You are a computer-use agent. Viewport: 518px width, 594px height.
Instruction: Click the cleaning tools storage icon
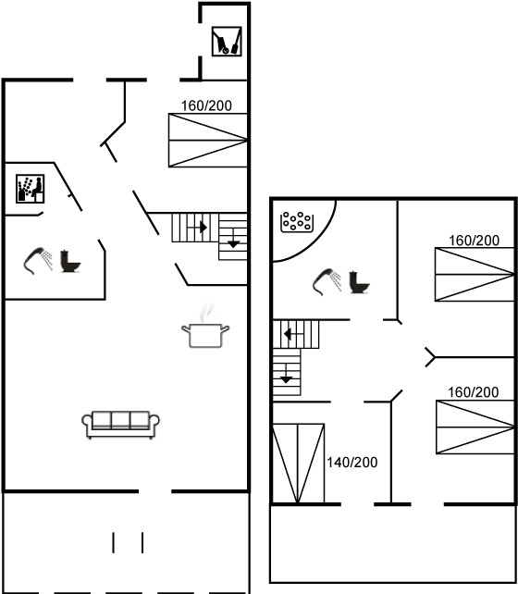point(227,42)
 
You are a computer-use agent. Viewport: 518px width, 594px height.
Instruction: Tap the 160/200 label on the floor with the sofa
point(206,105)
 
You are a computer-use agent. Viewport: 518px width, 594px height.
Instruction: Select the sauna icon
point(31,189)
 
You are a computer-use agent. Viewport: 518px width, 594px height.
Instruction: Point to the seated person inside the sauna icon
point(37,188)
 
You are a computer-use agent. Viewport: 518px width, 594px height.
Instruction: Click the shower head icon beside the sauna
point(38,260)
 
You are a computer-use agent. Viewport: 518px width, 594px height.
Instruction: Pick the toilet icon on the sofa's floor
point(70,261)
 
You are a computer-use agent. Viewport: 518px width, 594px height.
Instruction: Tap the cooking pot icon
point(205,335)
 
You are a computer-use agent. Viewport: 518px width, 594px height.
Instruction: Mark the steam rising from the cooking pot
point(206,312)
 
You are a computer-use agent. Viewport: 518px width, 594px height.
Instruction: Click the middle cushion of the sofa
point(121,420)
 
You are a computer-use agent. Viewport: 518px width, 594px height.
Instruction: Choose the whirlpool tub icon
point(297,222)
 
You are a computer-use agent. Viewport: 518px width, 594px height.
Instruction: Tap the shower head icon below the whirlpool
point(327,281)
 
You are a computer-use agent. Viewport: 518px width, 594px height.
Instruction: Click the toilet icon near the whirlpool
point(359,282)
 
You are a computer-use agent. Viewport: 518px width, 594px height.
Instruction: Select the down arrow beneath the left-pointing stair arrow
point(286,374)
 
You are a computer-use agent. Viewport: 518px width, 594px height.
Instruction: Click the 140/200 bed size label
point(352,463)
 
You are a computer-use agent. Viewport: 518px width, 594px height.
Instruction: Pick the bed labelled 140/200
point(299,464)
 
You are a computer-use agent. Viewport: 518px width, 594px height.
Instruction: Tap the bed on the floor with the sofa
point(208,140)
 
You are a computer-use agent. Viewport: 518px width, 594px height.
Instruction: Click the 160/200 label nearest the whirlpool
point(475,241)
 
